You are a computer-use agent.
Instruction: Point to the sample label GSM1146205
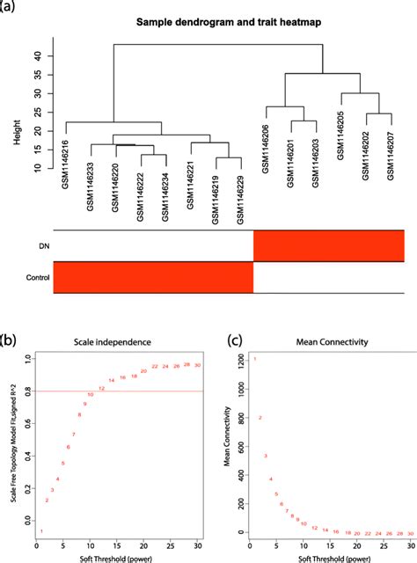(340, 132)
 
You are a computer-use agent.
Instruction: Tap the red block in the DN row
(328, 245)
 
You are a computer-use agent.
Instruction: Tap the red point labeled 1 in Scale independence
(41, 531)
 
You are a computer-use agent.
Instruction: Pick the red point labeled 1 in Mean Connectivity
(254, 359)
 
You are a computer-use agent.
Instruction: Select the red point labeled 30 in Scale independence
(198, 364)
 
